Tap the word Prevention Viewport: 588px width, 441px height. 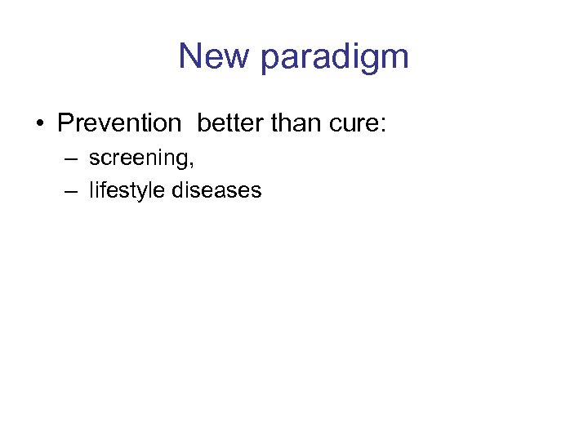[119, 123]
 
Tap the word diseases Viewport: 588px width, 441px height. [216, 190]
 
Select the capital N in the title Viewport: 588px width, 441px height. [190, 56]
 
